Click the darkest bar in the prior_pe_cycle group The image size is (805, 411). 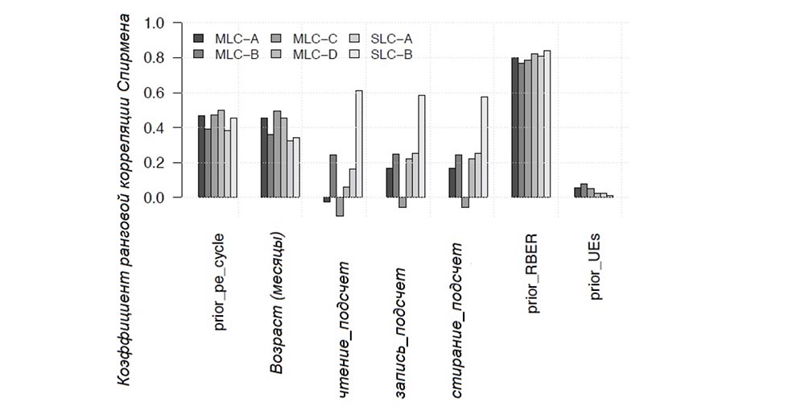click(202, 156)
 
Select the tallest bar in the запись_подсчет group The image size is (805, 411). click(422, 146)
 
